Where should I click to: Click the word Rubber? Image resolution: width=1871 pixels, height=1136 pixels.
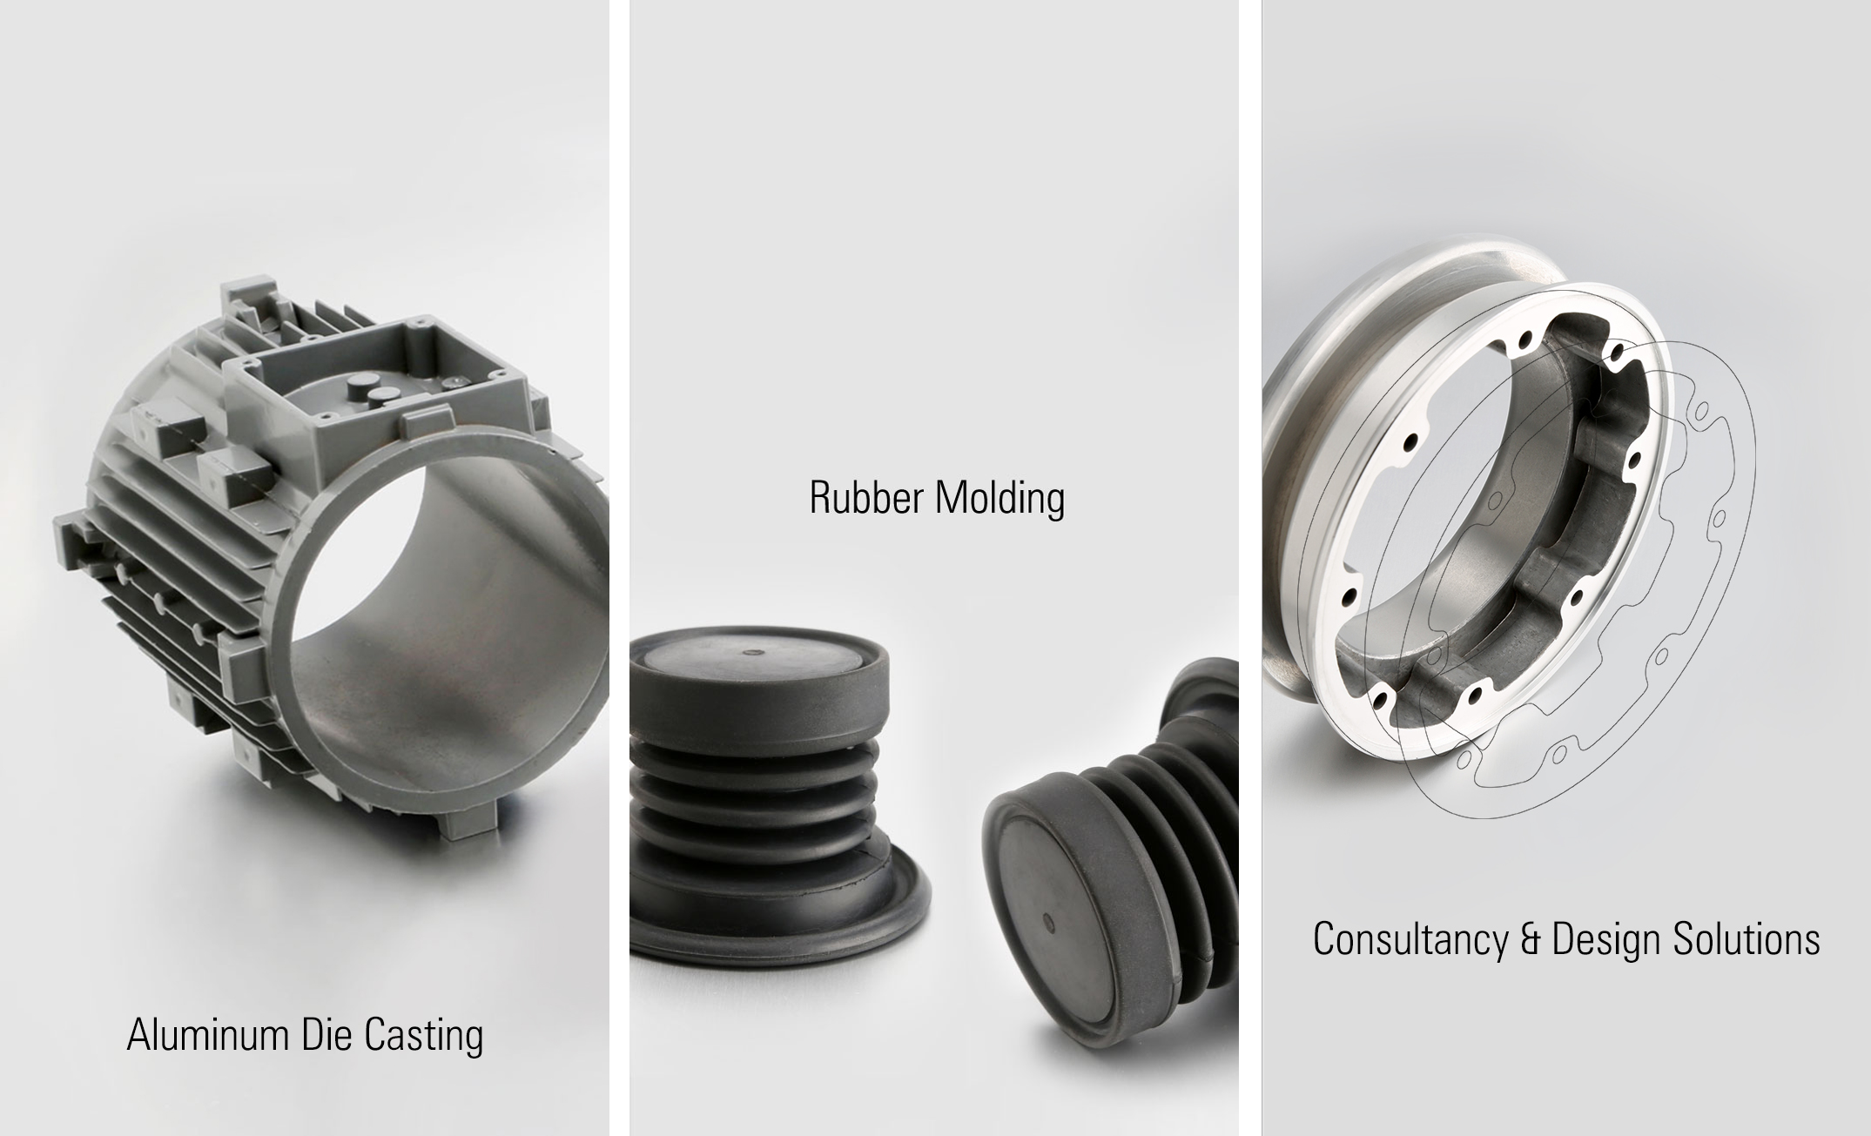[865, 498]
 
